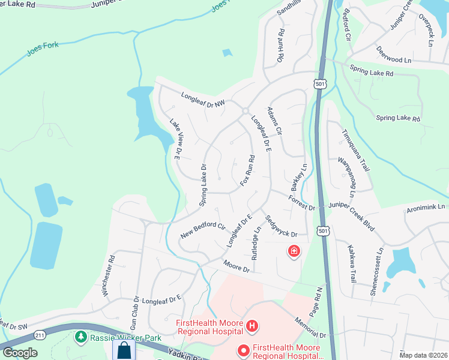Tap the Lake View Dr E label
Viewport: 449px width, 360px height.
[175, 139]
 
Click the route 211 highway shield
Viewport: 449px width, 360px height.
[40, 334]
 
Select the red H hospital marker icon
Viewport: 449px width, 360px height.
[252, 326]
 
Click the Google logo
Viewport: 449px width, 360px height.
[20, 352]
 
